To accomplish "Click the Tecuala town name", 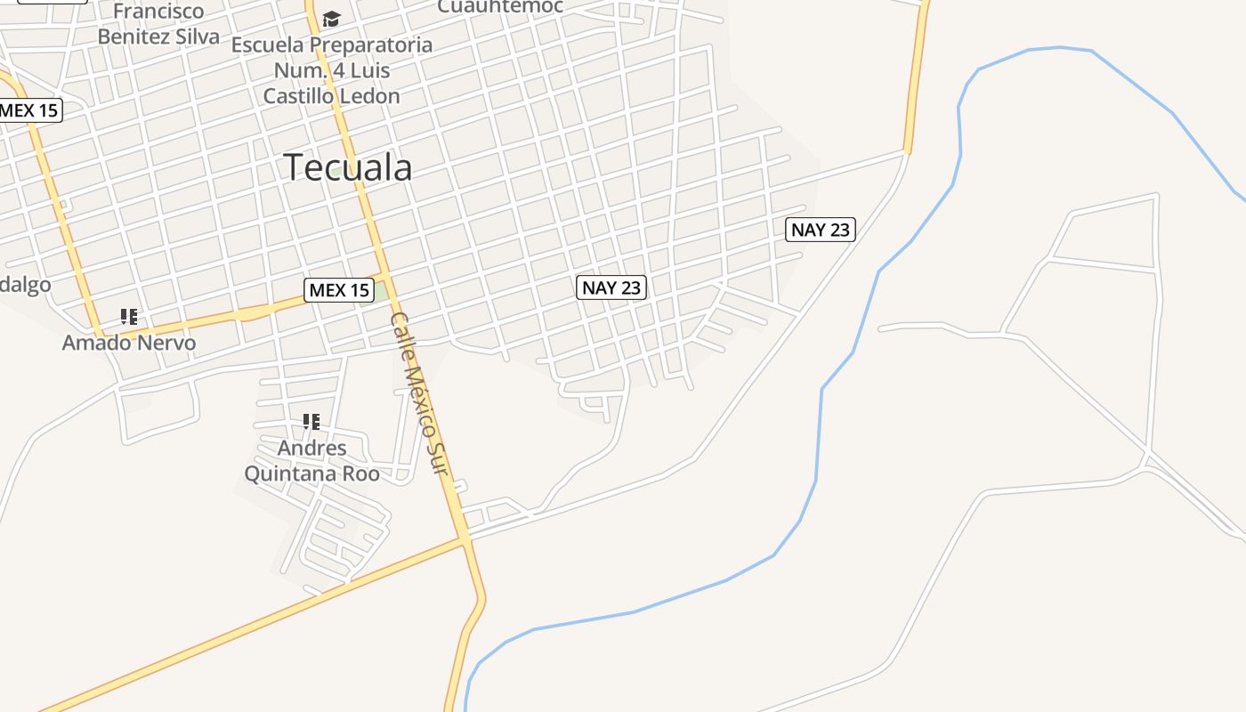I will coord(348,167).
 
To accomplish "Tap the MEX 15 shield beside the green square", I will coord(338,289).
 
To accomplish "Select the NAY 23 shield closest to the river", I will coord(821,230).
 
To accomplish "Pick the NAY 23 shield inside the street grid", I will coord(611,287).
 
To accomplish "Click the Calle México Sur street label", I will coord(418,392).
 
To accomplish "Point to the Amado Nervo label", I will coord(129,343).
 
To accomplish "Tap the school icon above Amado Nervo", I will coord(129,316).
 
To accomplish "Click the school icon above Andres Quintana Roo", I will coord(311,421).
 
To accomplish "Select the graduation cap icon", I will coord(332,19).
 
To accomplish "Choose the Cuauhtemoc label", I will coord(500,6).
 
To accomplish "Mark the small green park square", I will coord(381,291).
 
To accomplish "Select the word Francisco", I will coord(159,12).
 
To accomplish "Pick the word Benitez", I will coord(136,36).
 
